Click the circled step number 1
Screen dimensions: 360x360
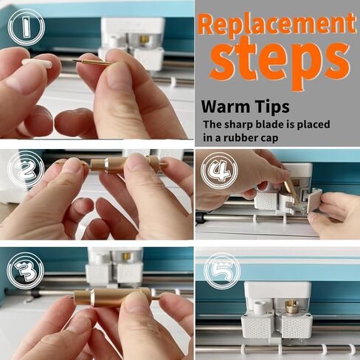coord(27,27)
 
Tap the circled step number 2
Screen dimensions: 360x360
coord(26,169)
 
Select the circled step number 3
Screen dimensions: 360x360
coord(25,271)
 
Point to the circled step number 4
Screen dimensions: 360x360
coord(219,170)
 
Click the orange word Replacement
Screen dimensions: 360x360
coord(277,24)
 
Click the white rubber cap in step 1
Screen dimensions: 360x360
coord(37,63)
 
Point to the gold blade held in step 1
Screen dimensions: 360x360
coord(92,62)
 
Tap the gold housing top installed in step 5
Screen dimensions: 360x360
coord(291,305)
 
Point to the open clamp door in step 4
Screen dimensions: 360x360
coord(314,200)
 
